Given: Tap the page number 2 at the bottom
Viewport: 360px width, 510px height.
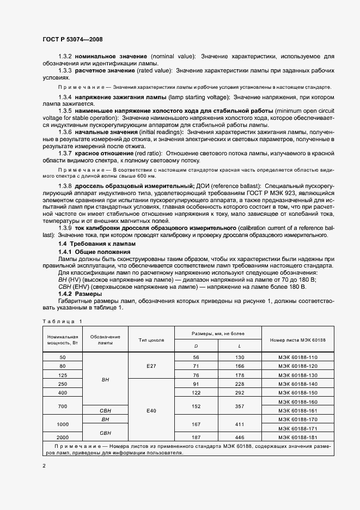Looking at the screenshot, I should [44, 466].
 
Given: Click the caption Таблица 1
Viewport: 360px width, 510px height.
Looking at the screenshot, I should [62, 321].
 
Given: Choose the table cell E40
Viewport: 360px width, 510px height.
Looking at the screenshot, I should [151, 409].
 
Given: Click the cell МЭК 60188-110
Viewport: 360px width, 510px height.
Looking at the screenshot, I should [297, 357].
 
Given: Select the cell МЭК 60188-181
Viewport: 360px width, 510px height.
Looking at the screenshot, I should [297, 437].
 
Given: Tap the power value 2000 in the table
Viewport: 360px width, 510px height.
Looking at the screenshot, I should [62, 437].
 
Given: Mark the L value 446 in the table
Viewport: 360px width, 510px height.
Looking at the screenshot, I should [239, 437].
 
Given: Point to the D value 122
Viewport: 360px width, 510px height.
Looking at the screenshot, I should [196, 392].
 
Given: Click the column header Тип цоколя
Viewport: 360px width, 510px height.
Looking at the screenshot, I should [151, 339].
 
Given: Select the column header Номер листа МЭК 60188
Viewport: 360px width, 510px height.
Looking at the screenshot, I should [297, 339].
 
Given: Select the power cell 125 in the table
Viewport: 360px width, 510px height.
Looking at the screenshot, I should [62, 375].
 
